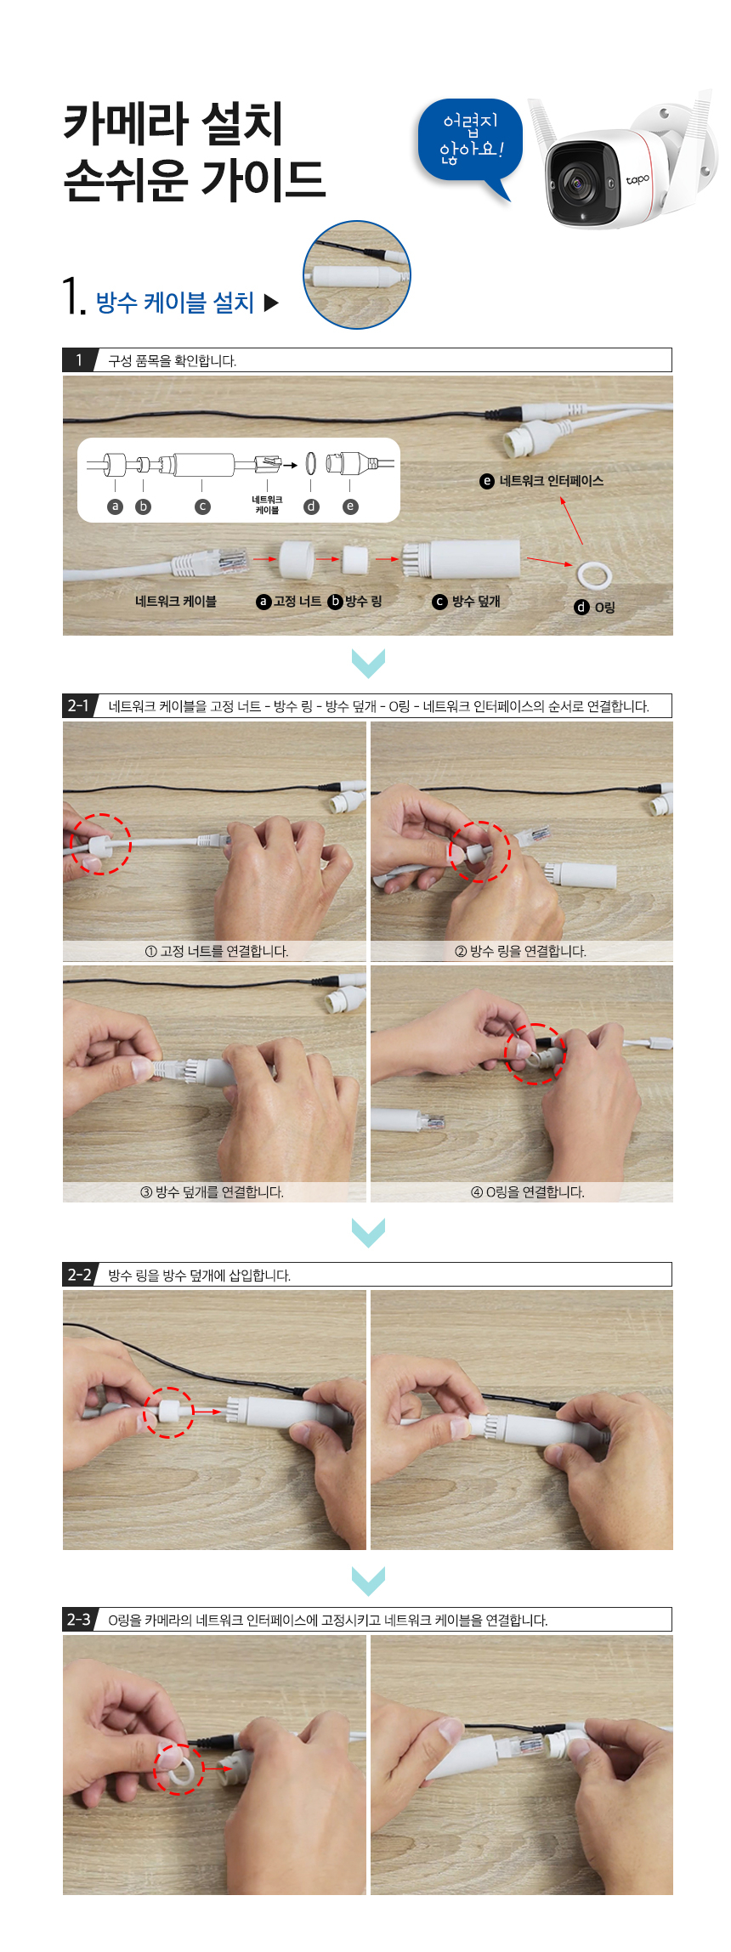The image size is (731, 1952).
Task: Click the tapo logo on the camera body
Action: point(637,179)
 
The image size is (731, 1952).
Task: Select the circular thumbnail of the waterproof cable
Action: point(357,274)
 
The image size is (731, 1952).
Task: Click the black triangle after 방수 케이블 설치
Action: point(271,303)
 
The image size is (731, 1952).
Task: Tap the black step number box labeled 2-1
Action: point(79,705)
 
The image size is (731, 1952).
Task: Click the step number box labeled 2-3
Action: point(79,1619)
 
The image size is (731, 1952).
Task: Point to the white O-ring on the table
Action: point(593,575)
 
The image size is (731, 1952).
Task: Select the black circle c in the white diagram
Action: point(202,506)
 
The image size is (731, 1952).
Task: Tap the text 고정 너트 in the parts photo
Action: point(297,602)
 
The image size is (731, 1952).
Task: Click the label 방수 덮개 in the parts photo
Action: point(475,602)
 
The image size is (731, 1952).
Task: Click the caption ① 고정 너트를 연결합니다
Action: point(217,951)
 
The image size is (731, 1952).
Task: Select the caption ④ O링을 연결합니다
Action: point(528,1192)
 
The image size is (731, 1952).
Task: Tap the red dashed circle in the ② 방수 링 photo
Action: point(479,852)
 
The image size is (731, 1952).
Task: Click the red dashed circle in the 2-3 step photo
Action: point(178,1769)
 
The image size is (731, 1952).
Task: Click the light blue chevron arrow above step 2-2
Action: point(368,1231)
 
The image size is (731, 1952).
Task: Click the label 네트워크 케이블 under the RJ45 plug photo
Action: point(176,602)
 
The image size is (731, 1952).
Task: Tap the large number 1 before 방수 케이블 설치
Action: point(73,297)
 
